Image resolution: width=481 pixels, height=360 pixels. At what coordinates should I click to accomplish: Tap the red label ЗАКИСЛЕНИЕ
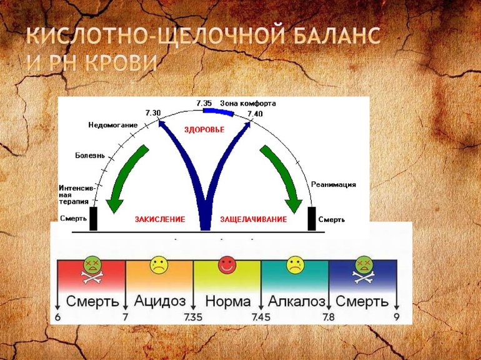160,219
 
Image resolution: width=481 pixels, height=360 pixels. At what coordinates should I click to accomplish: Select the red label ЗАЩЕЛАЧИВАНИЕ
254,219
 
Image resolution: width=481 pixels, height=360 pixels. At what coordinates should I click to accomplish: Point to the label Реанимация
334,184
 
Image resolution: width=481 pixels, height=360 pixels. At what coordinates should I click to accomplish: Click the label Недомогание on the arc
112,125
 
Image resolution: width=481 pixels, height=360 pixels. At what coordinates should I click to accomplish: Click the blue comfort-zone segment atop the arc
218,111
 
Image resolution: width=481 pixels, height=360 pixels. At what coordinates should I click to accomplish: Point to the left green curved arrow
127,178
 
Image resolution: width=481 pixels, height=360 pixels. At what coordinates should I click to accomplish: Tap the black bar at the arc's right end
312,219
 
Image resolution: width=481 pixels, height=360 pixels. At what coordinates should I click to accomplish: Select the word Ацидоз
159,301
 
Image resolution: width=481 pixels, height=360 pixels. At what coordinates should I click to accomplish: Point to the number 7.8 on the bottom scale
328,318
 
